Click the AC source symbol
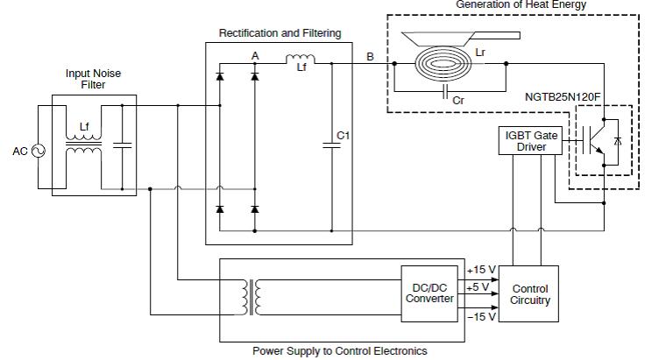pyautogui.click(x=39, y=151)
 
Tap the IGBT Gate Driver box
pyautogui.click(x=530, y=140)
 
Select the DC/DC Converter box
pyautogui.click(x=429, y=293)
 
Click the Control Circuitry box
pyautogui.click(x=528, y=293)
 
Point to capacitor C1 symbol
pyautogui.click(x=332, y=145)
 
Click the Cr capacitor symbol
pyautogui.click(x=445, y=91)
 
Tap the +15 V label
pyautogui.click(x=481, y=270)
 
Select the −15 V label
pyautogui.click(x=482, y=317)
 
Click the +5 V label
pyautogui.click(x=478, y=287)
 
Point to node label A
pyautogui.click(x=255, y=55)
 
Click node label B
pyautogui.click(x=370, y=56)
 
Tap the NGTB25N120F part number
pyautogui.click(x=563, y=97)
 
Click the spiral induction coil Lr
pyautogui.click(x=444, y=64)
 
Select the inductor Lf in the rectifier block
pyautogui.click(x=301, y=59)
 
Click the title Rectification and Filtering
pyautogui.click(x=280, y=33)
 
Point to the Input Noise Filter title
pyautogui.click(x=93, y=79)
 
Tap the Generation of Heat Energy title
pyautogui.click(x=521, y=4)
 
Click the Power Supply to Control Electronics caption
pyautogui.click(x=340, y=351)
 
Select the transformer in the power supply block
pyautogui.click(x=252, y=297)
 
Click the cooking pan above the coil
pyautogui.click(x=460, y=39)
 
